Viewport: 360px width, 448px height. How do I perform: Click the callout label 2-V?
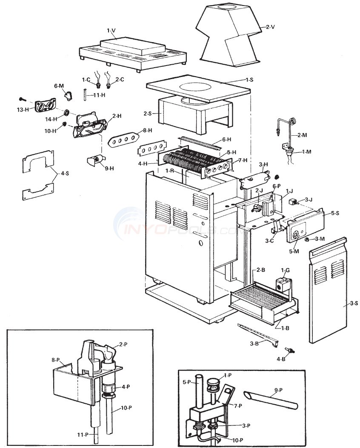tap(271, 27)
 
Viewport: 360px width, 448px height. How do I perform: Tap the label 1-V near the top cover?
tap(111, 30)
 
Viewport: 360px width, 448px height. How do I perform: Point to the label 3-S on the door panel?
tap(353, 303)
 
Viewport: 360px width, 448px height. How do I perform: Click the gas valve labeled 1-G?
tap(281, 284)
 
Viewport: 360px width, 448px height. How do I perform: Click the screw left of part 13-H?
tap(23, 99)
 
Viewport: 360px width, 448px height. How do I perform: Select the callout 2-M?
tap(302, 135)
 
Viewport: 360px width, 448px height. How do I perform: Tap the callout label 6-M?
tap(59, 86)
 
